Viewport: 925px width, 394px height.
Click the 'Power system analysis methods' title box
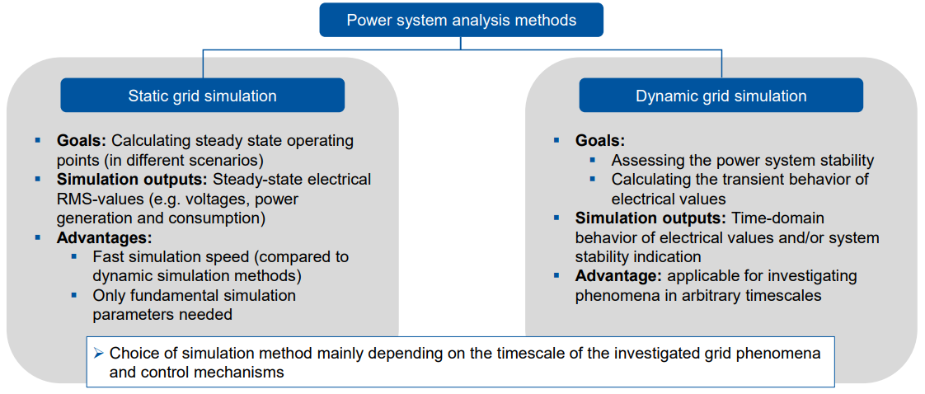coord(461,20)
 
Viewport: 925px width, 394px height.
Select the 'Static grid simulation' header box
coord(202,96)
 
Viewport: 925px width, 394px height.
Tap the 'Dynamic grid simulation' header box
coord(721,96)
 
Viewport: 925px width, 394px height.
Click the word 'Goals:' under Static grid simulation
coord(82,140)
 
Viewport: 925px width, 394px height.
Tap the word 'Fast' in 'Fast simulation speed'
coord(108,256)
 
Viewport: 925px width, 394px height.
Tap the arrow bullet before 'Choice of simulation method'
coord(98,353)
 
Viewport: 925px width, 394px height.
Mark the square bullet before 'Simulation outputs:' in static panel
coord(38,179)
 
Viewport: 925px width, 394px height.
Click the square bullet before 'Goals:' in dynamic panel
coord(556,140)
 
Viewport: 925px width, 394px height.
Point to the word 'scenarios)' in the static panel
coord(231,160)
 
